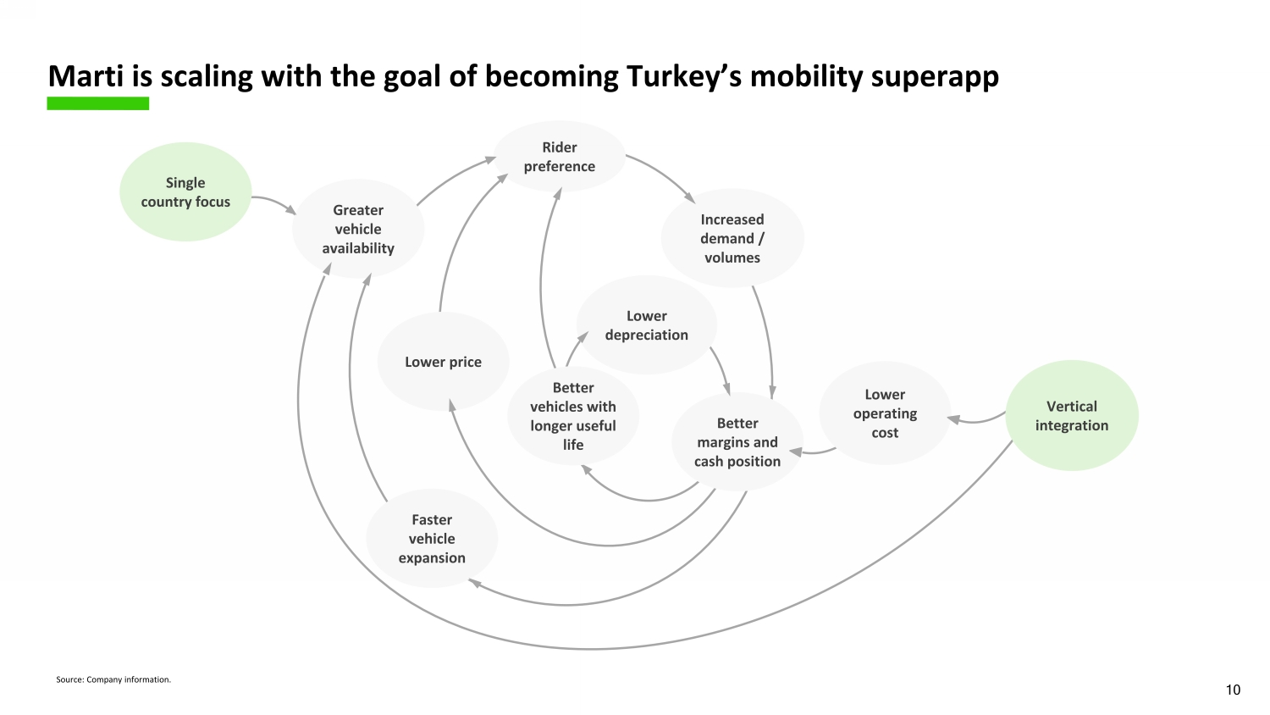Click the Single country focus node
(185, 192)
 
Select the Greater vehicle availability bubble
(358, 229)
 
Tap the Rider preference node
(559, 157)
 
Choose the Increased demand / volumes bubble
(732, 238)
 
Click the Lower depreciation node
(646, 325)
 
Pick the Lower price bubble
(443, 362)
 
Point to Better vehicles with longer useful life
(573, 416)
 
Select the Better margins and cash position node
(737, 442)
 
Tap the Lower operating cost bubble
(885, 413)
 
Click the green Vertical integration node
(1072, 416)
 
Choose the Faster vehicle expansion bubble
(432, 539)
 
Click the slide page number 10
(1233, 690)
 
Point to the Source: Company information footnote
(113, 679)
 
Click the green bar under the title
(98, 103)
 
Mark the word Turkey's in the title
(685, 76)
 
